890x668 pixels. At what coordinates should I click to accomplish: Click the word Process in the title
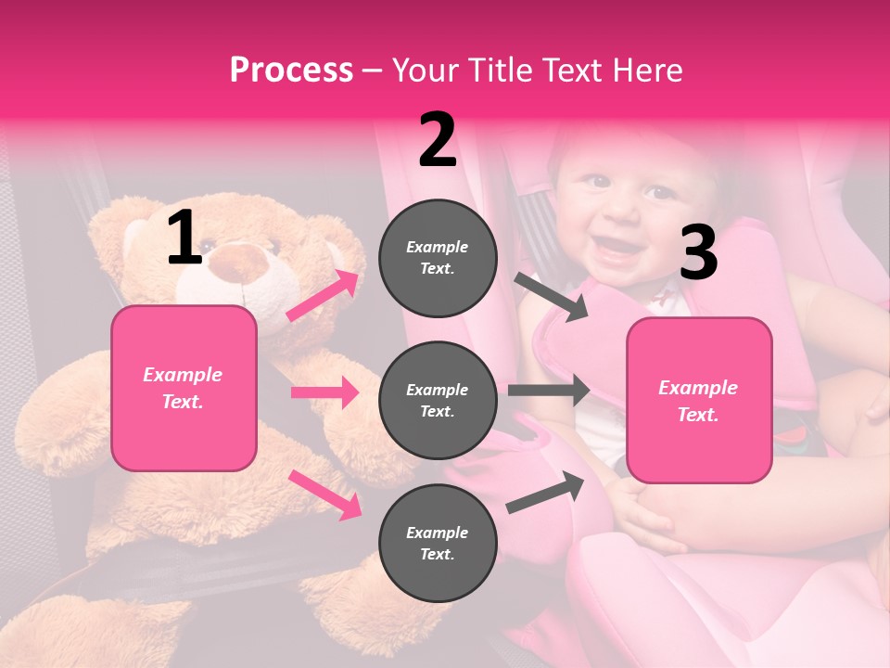[x=291, y=71]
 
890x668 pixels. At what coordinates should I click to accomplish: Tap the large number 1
[x=184, y=238]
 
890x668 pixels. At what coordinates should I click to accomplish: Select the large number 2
[x=438, y=141]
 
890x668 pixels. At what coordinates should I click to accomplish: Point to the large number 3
[x=698, y=254]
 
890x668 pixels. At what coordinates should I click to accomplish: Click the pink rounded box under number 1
[x=184, y=388]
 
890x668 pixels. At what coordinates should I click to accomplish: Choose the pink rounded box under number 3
[x=699, y=401]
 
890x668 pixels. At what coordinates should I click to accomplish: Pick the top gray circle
[x=438, y=258]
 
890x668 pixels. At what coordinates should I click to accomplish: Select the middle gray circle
[x=438, y=401]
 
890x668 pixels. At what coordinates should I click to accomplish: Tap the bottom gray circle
[x=438, y=543]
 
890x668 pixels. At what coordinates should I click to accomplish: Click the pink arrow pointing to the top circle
[x=323, y=295]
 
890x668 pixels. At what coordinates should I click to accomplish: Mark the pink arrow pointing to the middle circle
[x=324, y=392]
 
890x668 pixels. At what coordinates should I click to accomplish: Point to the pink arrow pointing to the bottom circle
[x=324, y=495]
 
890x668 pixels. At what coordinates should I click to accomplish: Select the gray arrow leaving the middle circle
[x=549, y=390]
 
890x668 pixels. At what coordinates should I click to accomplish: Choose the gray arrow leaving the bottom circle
[x=546, y=493]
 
